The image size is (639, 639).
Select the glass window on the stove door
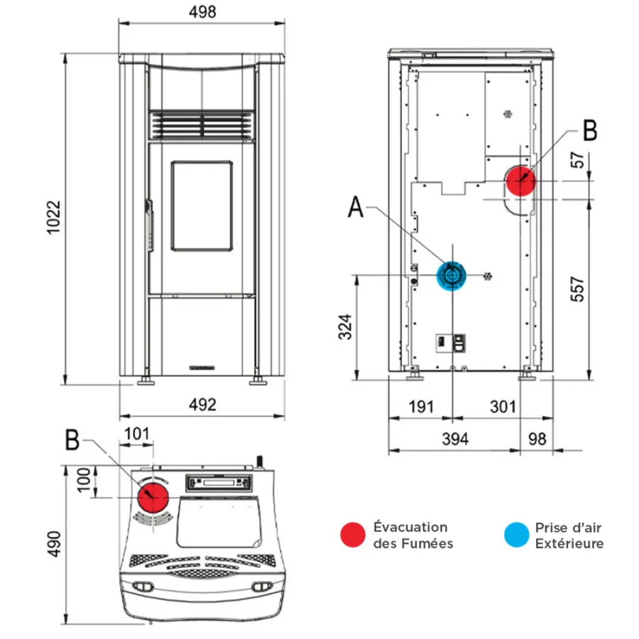(x=202, y=206)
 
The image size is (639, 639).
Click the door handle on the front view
(x=149, y=223)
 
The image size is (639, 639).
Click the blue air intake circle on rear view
(x=452, y=275)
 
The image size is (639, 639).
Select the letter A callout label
(x=357, y=208)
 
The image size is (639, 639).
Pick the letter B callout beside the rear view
(x=589, y=131)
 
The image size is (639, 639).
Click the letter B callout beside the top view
(x=72, y=440)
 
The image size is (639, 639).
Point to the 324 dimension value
(x=346, y=325)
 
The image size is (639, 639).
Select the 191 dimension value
(x=420, y=407)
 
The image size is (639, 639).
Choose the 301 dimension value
(x=503, y=407)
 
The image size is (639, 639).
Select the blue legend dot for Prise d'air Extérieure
(x=516, y=535)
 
